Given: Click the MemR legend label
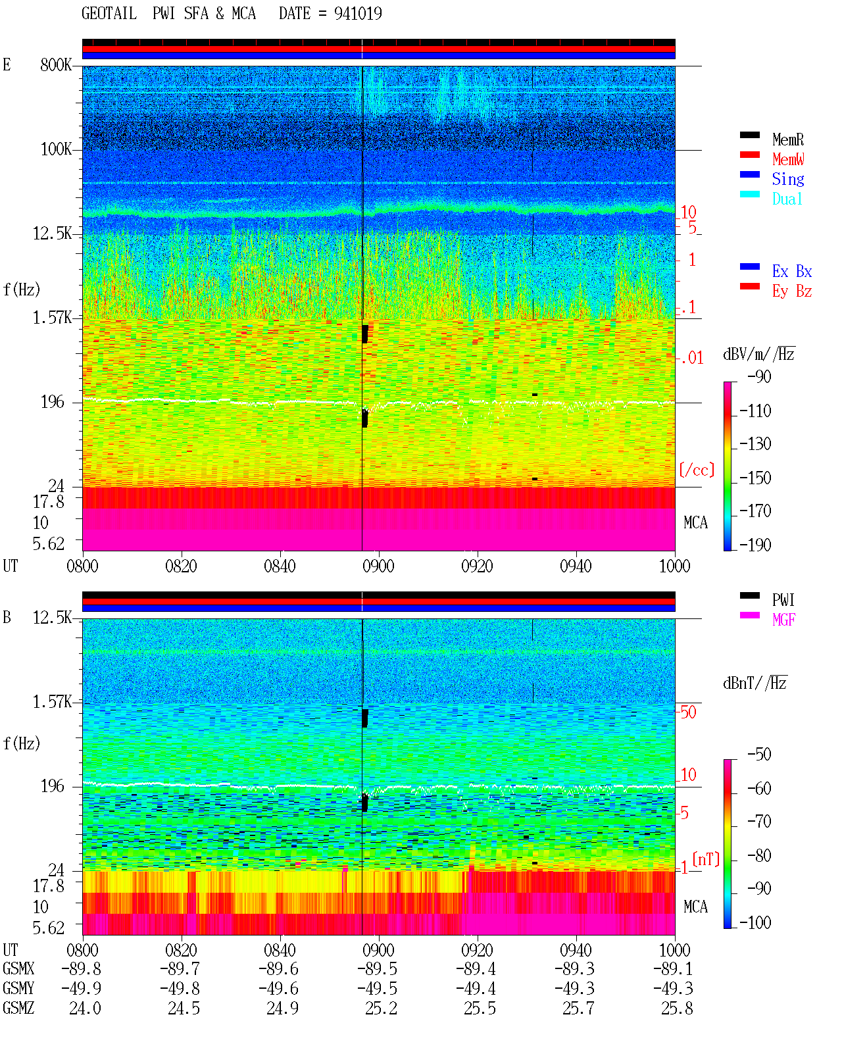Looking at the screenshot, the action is [787, 139].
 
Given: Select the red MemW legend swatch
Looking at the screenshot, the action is [749, 155].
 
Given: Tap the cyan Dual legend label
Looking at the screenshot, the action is [787, 199].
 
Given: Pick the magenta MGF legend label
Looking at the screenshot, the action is [783, 620].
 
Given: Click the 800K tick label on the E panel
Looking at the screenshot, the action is [56, 64].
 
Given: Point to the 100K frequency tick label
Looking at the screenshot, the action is [56, 149].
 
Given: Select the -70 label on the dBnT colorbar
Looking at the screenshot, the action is [759, 822].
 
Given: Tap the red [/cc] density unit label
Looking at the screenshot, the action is [697, 470].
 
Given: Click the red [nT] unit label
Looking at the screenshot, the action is [706, 859].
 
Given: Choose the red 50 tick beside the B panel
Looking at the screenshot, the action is [688, 712].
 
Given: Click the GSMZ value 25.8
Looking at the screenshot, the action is [677, 1008].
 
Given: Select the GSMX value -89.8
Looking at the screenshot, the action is [82, 968].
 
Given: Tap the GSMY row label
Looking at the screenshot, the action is [18, 989].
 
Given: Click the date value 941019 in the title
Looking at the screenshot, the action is [358, 14].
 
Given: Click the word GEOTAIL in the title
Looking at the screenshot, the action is [109, 14].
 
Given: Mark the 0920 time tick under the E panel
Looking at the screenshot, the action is [478, 566].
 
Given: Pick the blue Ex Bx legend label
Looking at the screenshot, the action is [792, 271].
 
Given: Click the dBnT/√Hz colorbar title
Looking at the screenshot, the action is [755, 684].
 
